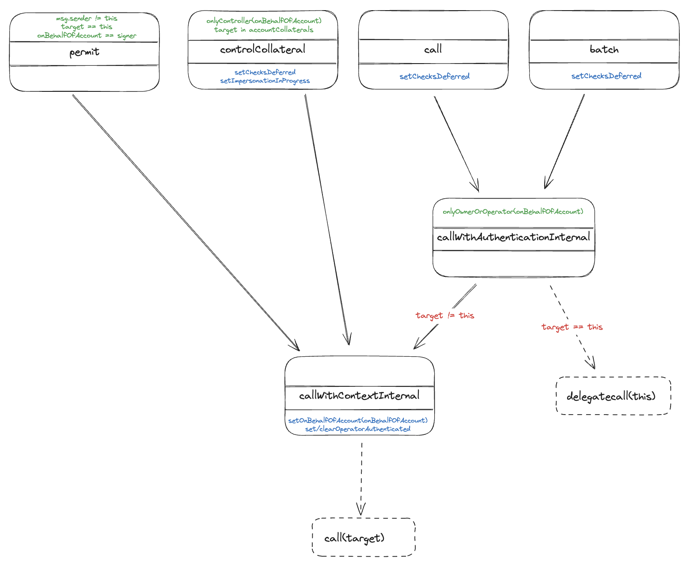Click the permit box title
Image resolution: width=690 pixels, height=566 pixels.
pos(84,53)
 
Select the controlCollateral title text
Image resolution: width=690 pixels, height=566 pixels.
pos(262,49)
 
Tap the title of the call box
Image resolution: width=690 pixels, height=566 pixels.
pos(433,49)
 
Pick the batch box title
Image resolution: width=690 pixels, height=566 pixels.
pos(604,49)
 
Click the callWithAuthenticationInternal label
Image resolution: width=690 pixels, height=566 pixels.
pos(513,238)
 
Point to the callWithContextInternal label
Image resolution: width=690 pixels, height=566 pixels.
pos(359,396)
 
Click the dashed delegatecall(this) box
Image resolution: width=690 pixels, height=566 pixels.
pos(613,396)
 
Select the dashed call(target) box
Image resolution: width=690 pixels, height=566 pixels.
pos(363,538)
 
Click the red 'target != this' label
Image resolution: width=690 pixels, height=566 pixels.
pos(444,316)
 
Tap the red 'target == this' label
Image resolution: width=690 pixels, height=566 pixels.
pos(572,327)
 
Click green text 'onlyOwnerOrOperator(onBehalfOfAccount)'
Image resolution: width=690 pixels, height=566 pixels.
pos(513,212)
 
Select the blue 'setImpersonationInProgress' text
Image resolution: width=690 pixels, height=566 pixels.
pos(265,81)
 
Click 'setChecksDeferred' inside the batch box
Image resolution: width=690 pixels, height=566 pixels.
pos(606,76)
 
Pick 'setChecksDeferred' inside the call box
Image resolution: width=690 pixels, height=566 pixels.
pos(434,76)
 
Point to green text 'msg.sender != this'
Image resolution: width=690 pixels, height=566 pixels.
pos(87,19)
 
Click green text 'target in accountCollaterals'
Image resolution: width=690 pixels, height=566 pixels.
pos(264,30)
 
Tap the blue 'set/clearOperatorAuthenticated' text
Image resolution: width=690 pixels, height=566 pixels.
pos(357,429)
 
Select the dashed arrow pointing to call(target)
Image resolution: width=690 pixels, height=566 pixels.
pos(361,477)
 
